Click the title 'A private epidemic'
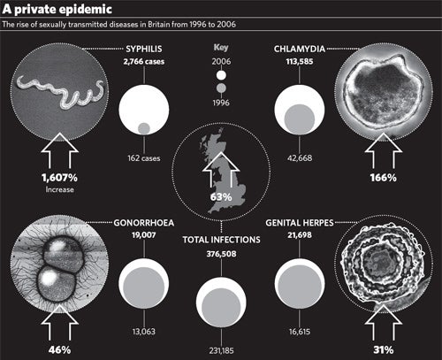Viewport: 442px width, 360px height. [57, 9]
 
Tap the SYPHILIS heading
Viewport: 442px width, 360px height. [144, 49]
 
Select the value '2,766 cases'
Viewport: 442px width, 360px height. [144, 62]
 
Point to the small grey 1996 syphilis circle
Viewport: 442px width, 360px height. [144, 128]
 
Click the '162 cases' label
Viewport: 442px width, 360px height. [144, 158]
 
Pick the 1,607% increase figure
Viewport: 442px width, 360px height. [59, 178]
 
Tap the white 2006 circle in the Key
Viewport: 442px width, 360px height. [221, 75]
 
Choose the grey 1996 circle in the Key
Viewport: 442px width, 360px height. [221, 88]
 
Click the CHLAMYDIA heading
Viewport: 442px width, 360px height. [300, 49]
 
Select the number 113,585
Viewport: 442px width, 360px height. [300, 62]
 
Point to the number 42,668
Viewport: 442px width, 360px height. [300, 158]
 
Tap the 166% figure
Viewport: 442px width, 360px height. [384, 178]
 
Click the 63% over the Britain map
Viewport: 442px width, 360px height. [221, 197]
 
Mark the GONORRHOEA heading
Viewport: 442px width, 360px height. [144, 223]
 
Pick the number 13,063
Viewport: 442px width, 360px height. [144, 332]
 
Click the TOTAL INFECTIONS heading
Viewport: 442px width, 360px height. [221, 240]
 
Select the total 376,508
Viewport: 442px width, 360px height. [221, 254]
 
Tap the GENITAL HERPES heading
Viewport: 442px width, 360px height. [300, 223]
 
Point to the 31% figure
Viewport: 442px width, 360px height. [384, 350]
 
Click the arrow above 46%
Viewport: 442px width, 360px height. [59, 322]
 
